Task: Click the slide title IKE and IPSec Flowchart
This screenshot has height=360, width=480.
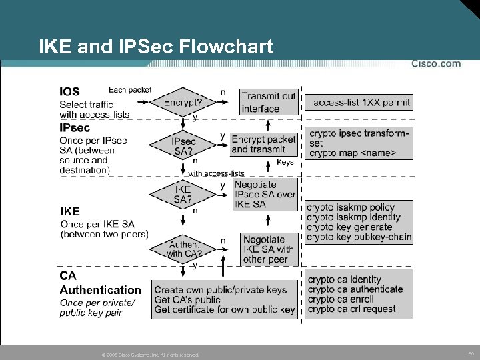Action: tap(155, 47)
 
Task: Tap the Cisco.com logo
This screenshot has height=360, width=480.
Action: tap(435, 64)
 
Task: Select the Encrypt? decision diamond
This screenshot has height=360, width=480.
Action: tap(183, 103)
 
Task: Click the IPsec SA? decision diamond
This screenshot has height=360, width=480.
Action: tap(183, 146)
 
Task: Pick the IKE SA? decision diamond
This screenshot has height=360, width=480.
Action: tap(182, 194)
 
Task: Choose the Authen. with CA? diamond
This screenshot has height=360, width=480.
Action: tap(183, 249)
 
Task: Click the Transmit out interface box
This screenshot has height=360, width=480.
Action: tap(268, 102)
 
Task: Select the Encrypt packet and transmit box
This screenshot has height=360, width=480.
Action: tap(263, 144)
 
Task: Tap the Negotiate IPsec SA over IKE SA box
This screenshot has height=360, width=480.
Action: tap(265, 194)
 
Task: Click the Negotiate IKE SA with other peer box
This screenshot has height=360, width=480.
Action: tap(268, 249)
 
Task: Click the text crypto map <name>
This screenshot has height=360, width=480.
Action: tap(352, 153)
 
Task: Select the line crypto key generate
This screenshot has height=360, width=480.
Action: tap(350, 227)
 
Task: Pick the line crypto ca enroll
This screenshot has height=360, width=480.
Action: tap(341, 299)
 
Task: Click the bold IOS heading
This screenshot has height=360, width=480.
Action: tap(69, 92)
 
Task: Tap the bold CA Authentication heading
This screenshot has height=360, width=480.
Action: tap(100, 283)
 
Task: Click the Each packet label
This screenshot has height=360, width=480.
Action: tap(130, 90)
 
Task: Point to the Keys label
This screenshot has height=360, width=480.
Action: tap(285, 162)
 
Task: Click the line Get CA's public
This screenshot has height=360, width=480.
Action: tap(187, 299)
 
